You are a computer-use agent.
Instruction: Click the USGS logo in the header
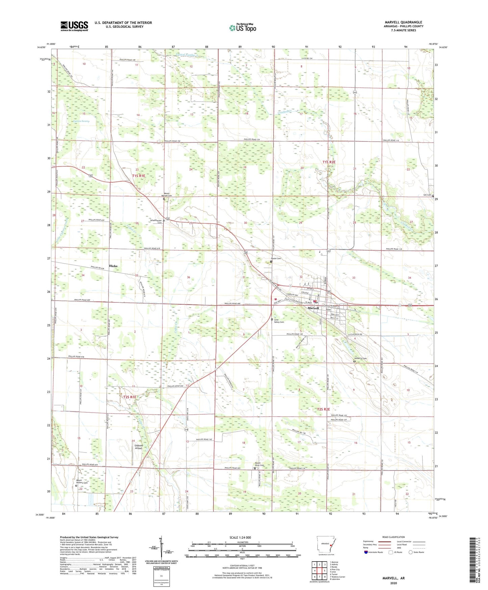point(74,26)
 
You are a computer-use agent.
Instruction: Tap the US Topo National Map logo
point(242,28)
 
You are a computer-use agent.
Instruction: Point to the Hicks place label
point(113,266)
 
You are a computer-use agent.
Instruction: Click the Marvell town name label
point(313,308)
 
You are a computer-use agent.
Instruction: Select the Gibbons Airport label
point(138,447)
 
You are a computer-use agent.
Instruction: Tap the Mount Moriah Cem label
point(164,195)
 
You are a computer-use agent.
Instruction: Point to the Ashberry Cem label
point(360,358)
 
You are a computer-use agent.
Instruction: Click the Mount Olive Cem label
point(259,465)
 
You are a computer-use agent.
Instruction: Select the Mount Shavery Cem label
point(81,481)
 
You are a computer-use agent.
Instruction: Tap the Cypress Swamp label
point(80,121)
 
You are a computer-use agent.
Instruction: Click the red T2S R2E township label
point(323,409)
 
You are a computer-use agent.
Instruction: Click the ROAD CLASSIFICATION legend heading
point(393,537)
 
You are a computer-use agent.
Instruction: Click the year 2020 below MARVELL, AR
point(393,583)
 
